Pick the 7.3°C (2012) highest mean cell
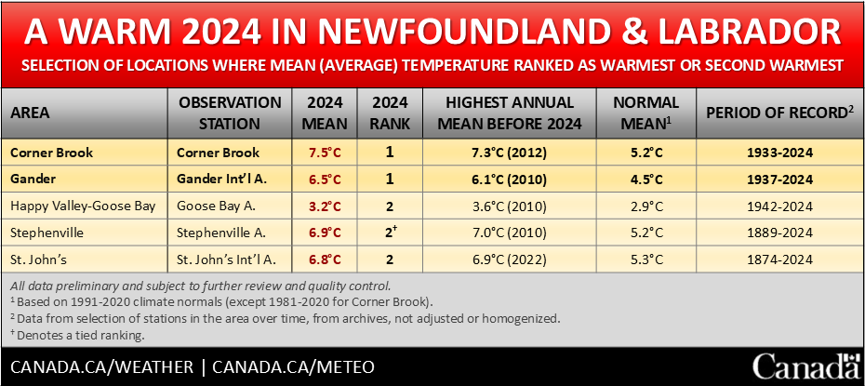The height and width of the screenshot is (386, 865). (x=514, y=153)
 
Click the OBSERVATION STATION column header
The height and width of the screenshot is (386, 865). (x=230, y=113)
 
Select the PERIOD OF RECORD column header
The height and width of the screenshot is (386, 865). (x=778, y=113)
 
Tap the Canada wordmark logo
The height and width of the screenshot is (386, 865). (x=805, y=366)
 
